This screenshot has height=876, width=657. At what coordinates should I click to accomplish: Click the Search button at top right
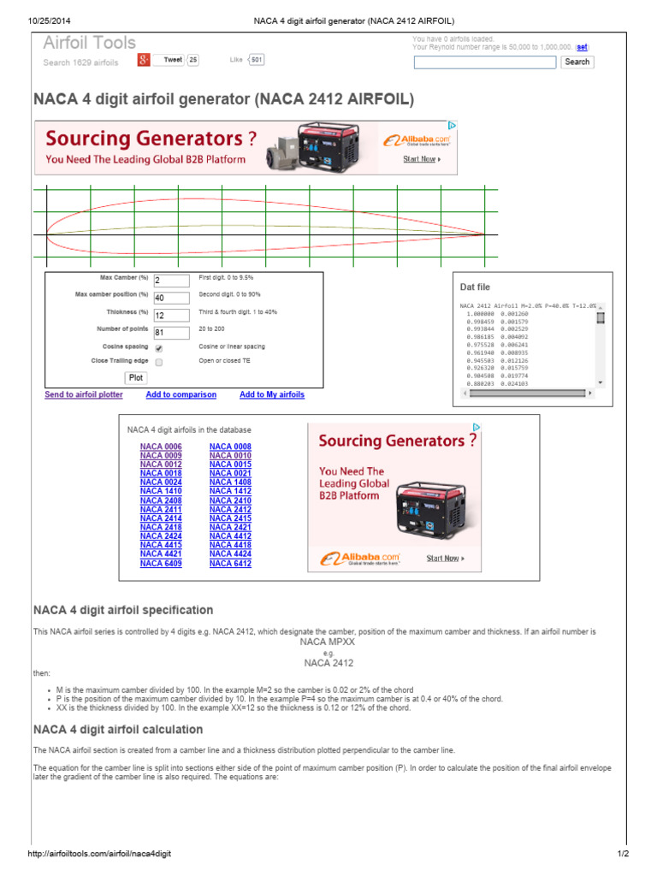click(577, 62)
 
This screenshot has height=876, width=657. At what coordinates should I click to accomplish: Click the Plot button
click(136, 377)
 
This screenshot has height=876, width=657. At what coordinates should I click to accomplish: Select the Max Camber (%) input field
click(171, 281)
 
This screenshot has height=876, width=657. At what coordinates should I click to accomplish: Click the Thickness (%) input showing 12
click(171, 315)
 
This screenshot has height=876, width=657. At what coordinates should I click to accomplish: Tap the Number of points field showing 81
click(171, 332)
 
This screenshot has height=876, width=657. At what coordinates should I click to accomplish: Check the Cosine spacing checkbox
click(159, 348)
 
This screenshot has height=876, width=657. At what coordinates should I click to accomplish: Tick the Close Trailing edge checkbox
click(159, 363)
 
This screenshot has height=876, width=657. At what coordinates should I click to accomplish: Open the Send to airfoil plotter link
click(84, 395)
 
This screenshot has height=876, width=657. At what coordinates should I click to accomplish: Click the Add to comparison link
click(181, 395)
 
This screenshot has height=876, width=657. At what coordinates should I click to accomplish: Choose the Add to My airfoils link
click(272, 395)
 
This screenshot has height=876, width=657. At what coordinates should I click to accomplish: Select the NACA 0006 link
click(161, 447)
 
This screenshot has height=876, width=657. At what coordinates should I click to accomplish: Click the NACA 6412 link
click(230, 564)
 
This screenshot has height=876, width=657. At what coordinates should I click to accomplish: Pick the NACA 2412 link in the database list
click(230, 510)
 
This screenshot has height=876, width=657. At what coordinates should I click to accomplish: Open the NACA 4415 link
click(161, 546)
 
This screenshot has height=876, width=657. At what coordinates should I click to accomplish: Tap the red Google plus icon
click(145, 60)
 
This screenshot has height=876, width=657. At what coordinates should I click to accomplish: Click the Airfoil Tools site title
click(90, 43)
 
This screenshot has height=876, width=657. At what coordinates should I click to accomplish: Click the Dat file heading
click(475, 287)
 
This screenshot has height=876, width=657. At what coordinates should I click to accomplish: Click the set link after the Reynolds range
click(582, 48)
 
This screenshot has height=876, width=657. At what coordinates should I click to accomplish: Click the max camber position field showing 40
click(171, 298)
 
